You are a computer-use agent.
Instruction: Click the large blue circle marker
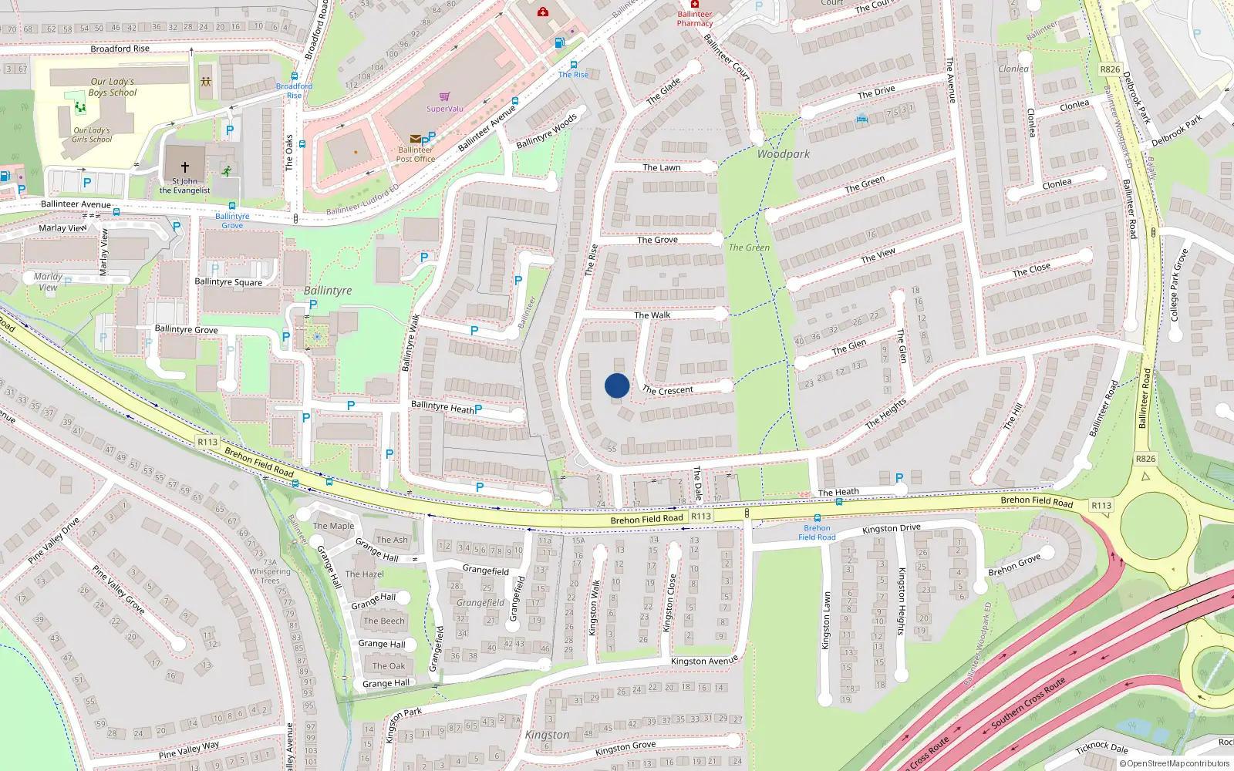[617, 385]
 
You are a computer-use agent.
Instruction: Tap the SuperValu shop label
[445, 109]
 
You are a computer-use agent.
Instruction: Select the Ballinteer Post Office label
[416, 154]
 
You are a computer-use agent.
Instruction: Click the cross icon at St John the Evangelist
[184, 167]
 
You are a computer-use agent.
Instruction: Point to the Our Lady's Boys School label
[113, 87]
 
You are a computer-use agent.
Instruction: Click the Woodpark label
[783, 154]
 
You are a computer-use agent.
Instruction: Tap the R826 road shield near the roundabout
[1145, 459]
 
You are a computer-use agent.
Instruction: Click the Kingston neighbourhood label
[547, 735]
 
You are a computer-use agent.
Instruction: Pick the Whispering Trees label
[270, 576]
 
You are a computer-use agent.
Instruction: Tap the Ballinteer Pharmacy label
[695, 19]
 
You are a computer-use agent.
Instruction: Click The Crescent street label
[668, 390]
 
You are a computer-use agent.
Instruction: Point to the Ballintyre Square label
[228, 282]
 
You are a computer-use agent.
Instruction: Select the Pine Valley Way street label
[189, 749]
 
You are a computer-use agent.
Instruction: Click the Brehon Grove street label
[1014, 565]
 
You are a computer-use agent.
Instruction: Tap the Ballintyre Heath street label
[443, 407]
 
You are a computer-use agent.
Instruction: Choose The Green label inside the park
[749, 247]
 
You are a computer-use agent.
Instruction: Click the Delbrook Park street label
[1176, 132]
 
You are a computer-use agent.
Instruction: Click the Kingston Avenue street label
[704, 661]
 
